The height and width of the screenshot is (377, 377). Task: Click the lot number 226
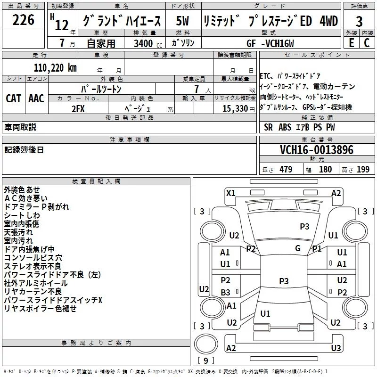pyautogui.click(x=24, y=20)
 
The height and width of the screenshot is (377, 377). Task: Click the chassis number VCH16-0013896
pyautogui.click(x=310, y=150)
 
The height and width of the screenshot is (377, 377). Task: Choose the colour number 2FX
pyautogui.click(x=78, y=108)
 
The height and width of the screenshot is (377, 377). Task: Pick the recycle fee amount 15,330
pyautogui.click(x=231, y=108)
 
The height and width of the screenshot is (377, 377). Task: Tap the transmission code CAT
pyautogui.click(x=13, y=98)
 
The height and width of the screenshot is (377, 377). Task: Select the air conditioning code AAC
pyautogui.click(x=36, y=98)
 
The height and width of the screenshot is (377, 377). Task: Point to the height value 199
pyautogui.click(x=363, y=170)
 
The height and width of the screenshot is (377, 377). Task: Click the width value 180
pyautogui.click(x=325, y=170)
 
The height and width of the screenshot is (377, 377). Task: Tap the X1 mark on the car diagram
pyautogui.click(x=230, y=193)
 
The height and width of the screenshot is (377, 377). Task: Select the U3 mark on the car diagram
pyautogui.click(x=336, y=348)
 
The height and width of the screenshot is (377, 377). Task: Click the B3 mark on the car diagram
pyautogui.click(x=225, y=292)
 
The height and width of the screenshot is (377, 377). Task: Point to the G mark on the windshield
pyautogui.click(x=298, y=248)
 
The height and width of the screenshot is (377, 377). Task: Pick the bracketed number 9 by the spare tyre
pyautogui.click(x=205, y=361)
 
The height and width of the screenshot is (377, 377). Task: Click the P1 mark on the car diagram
pyautogui.click(x=317, y=248)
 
